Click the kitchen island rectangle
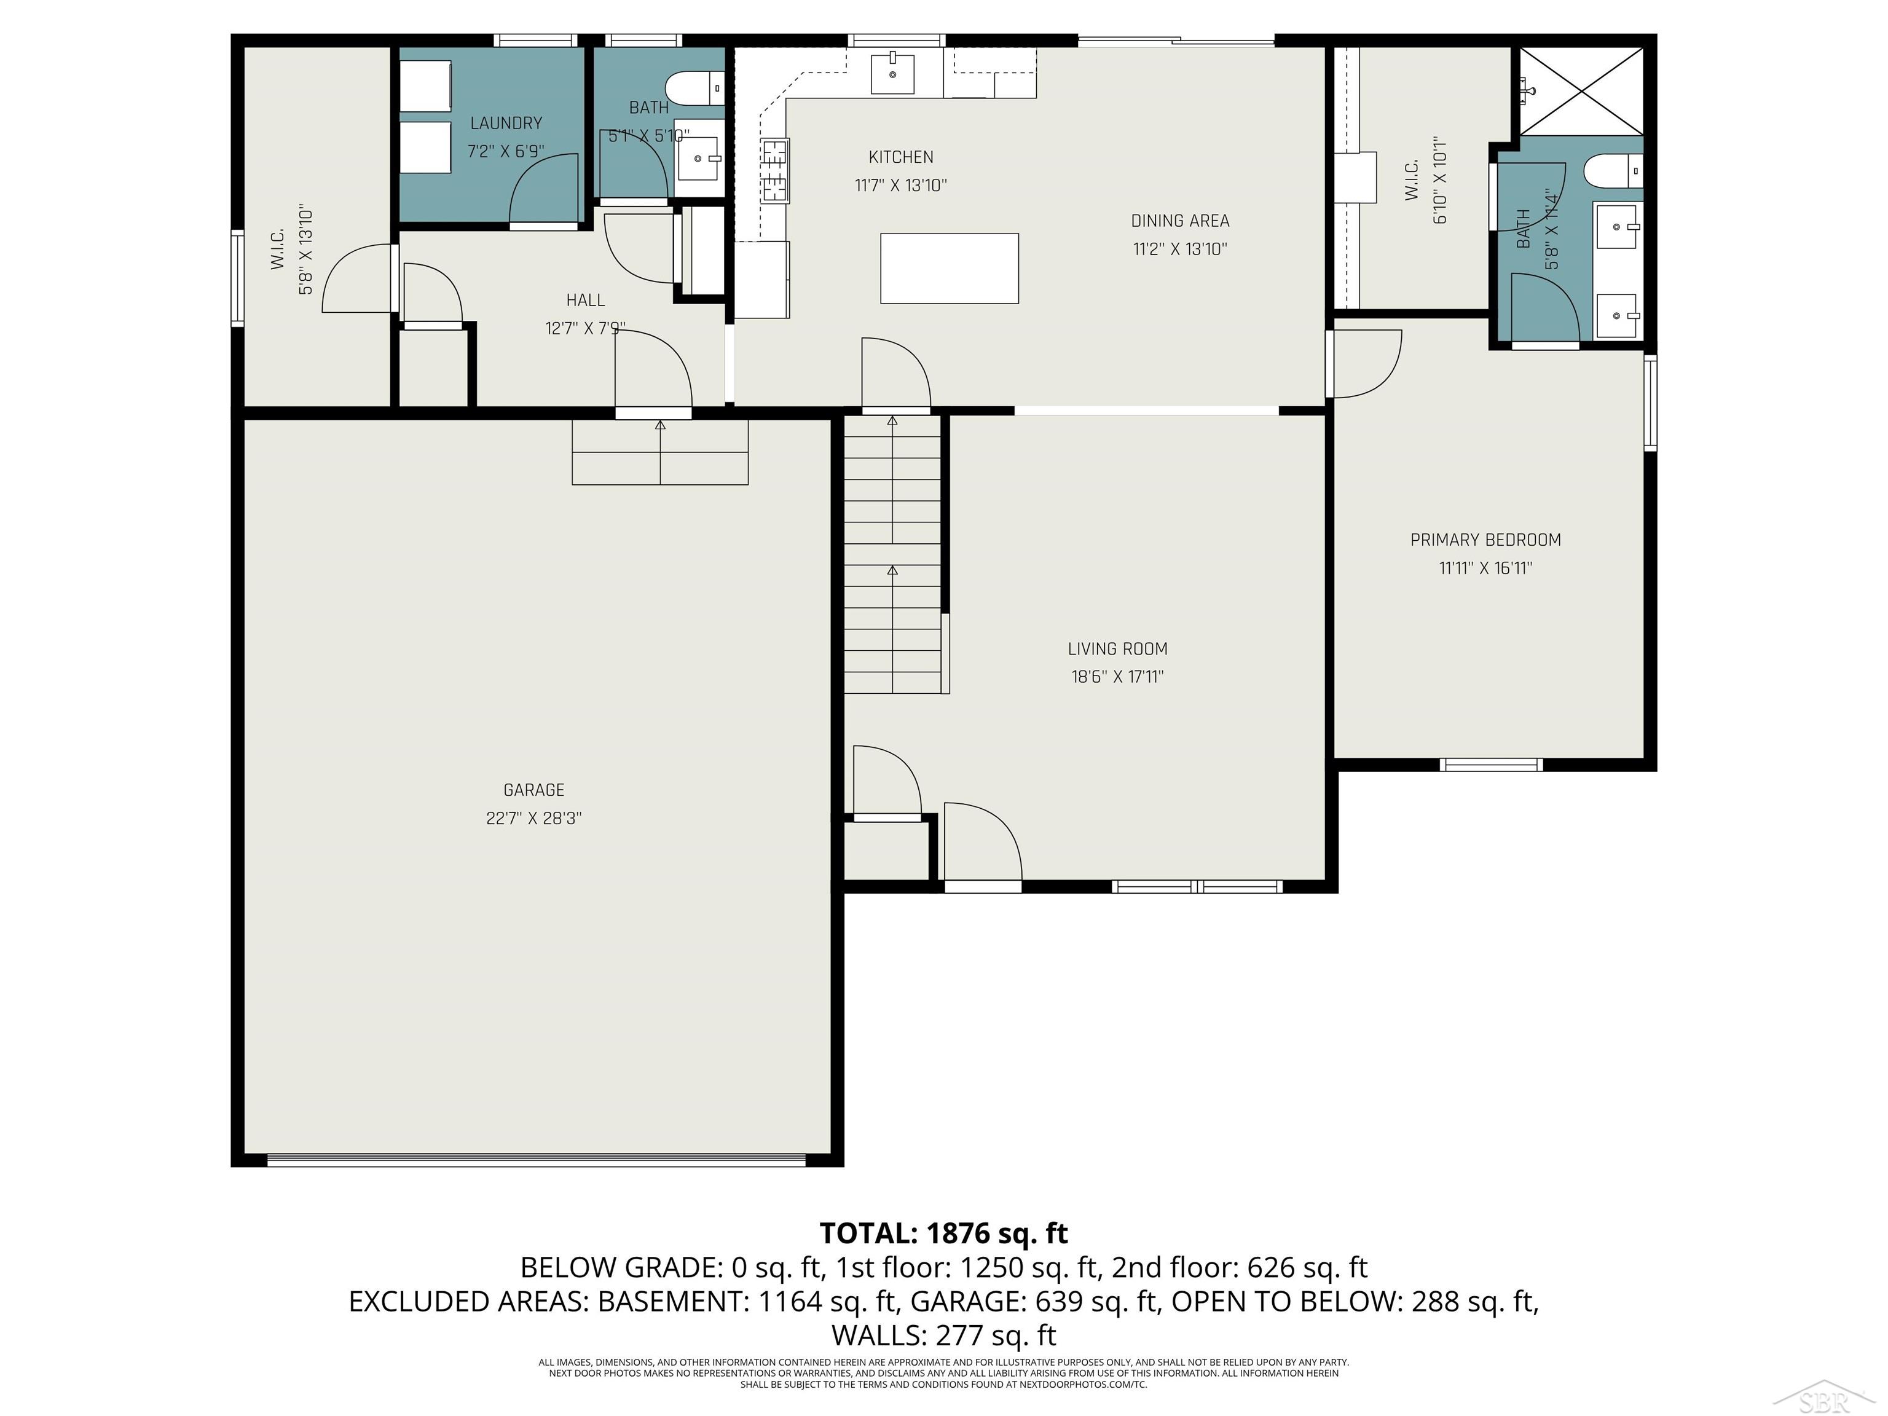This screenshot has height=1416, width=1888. (949, 268)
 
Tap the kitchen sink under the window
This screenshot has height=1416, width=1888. (892, 73)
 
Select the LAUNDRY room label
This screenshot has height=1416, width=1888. (506, 123)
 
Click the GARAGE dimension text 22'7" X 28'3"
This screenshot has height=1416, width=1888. (533, 817)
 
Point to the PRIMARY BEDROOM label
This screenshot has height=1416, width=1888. (1485, 540)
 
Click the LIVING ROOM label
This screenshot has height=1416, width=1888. (1117, 648)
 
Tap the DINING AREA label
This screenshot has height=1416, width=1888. (1179, 220)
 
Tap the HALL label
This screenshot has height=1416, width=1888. (586, 299)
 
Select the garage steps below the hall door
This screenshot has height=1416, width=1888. (660, 452)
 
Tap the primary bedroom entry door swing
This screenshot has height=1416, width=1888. (1366, 365)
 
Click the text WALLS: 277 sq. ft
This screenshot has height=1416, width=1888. (943, 1334)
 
